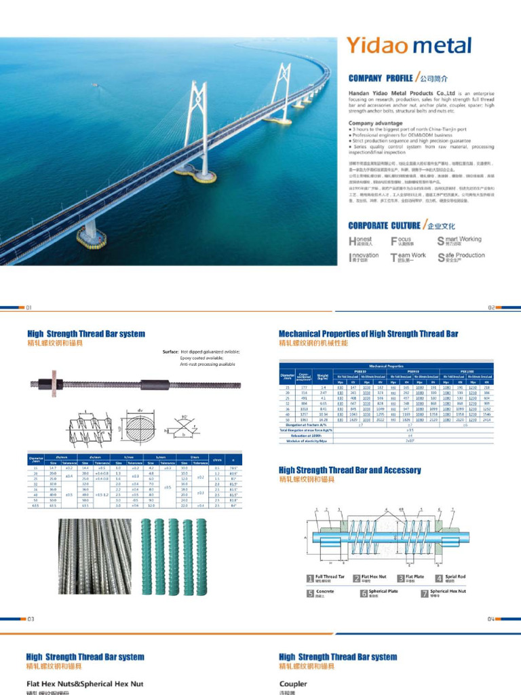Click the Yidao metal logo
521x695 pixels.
[408, 46]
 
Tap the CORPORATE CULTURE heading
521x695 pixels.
[383, 225]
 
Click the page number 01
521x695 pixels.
[28, 307]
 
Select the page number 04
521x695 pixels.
[491, 619]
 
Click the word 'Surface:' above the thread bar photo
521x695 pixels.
[170, 352]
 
